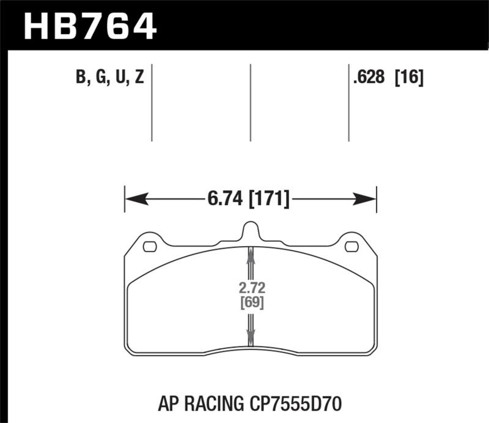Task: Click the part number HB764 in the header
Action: (x=90, y=26)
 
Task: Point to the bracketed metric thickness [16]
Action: (x=409, y=79)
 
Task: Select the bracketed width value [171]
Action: (x=268, y=199)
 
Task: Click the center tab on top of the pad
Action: (x=250, y=231)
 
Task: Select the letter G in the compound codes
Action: (x=100, y=79)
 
